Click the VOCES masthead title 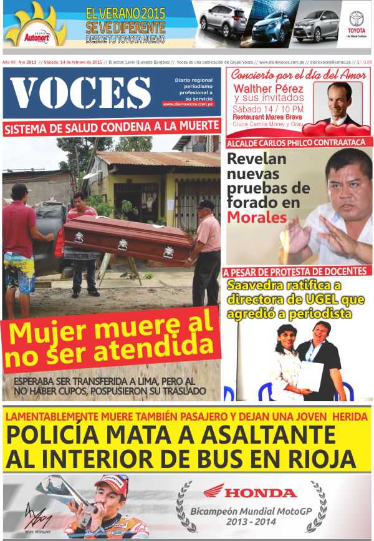point(81,93)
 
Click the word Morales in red point(257,217)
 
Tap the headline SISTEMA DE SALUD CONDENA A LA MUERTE point(112,127)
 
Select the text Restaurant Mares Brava point(267,116)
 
